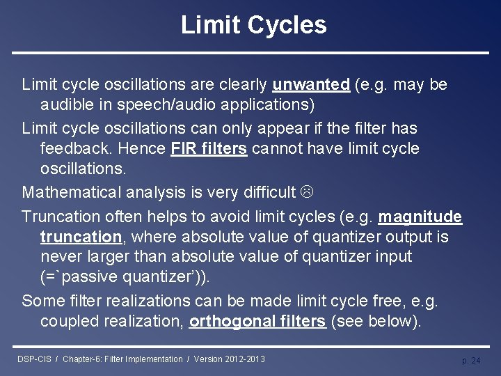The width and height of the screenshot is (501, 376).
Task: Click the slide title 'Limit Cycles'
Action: point(253,25)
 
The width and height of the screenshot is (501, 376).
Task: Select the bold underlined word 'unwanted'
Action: point(311,85)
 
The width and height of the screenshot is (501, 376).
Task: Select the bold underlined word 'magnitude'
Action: point(420,217)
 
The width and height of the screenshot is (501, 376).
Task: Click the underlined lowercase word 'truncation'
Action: point(81,237)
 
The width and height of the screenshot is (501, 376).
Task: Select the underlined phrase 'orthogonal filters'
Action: point(257,321)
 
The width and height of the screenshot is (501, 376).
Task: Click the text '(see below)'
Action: point(375,321)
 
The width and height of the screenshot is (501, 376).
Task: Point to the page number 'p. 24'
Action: point(471,361)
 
